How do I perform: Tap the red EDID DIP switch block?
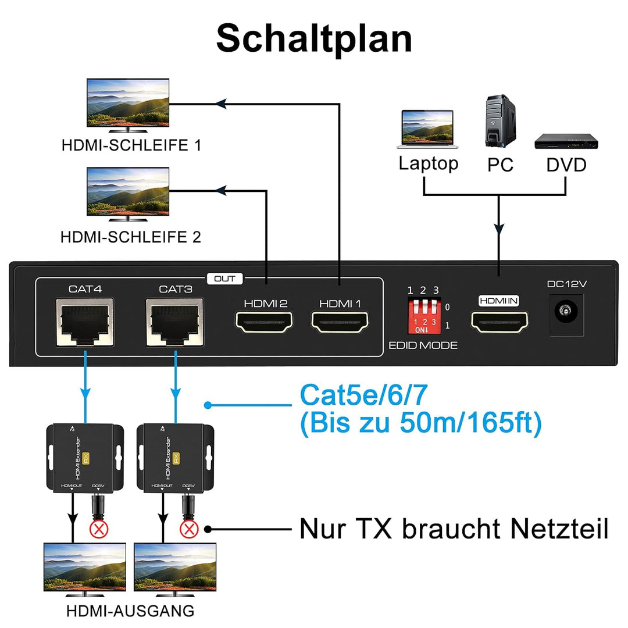[x=423, y=315]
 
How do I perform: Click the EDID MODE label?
[x=423, y=345]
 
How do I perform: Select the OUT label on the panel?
[x=224, y=279]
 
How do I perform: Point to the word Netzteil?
[x=559, y=529]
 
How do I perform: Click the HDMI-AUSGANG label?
[x=130, y=611]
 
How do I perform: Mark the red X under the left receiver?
[x=98, y=529]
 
